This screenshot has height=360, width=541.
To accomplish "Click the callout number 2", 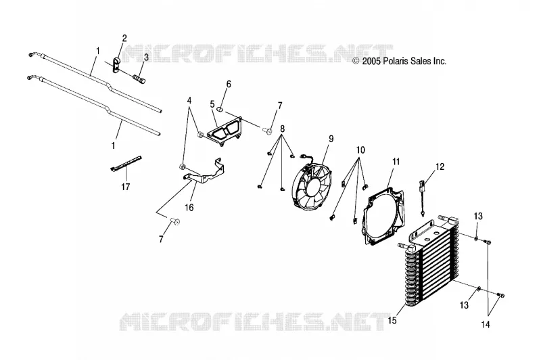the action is click(x=124, y=38).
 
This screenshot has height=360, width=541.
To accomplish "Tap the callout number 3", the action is click(x=146, y=58).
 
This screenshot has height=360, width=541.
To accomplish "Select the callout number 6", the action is click(x=229, y=84).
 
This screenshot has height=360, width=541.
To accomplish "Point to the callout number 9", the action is click(x=331, y=139).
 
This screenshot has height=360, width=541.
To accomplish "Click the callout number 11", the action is click(x=396, y=162).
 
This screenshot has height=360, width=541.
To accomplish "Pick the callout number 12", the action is click(x=440, y=167).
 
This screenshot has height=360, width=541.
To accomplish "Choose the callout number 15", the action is click(x=392, y=321).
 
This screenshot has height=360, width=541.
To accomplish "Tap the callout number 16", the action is click(x=189, y=208).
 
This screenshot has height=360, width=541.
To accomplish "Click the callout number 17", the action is click(x=125, y=187).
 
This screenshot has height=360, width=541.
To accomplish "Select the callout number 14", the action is click(x=486, y=325).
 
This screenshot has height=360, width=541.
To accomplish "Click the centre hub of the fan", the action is click(x=312, y=187).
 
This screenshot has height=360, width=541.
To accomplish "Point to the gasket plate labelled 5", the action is click(x=224, y=131).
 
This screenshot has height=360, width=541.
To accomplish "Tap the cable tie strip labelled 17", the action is click(x=126, y=162).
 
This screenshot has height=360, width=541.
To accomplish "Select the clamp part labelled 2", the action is click(x=116, y=65).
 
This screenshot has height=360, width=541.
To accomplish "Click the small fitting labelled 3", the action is click(x=139, y=80).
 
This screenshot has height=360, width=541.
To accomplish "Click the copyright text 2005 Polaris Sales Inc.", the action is click(x=399, y=62).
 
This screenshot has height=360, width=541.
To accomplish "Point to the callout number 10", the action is click(x=360, y=150).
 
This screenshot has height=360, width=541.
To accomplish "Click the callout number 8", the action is click(x=282, y=129).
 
